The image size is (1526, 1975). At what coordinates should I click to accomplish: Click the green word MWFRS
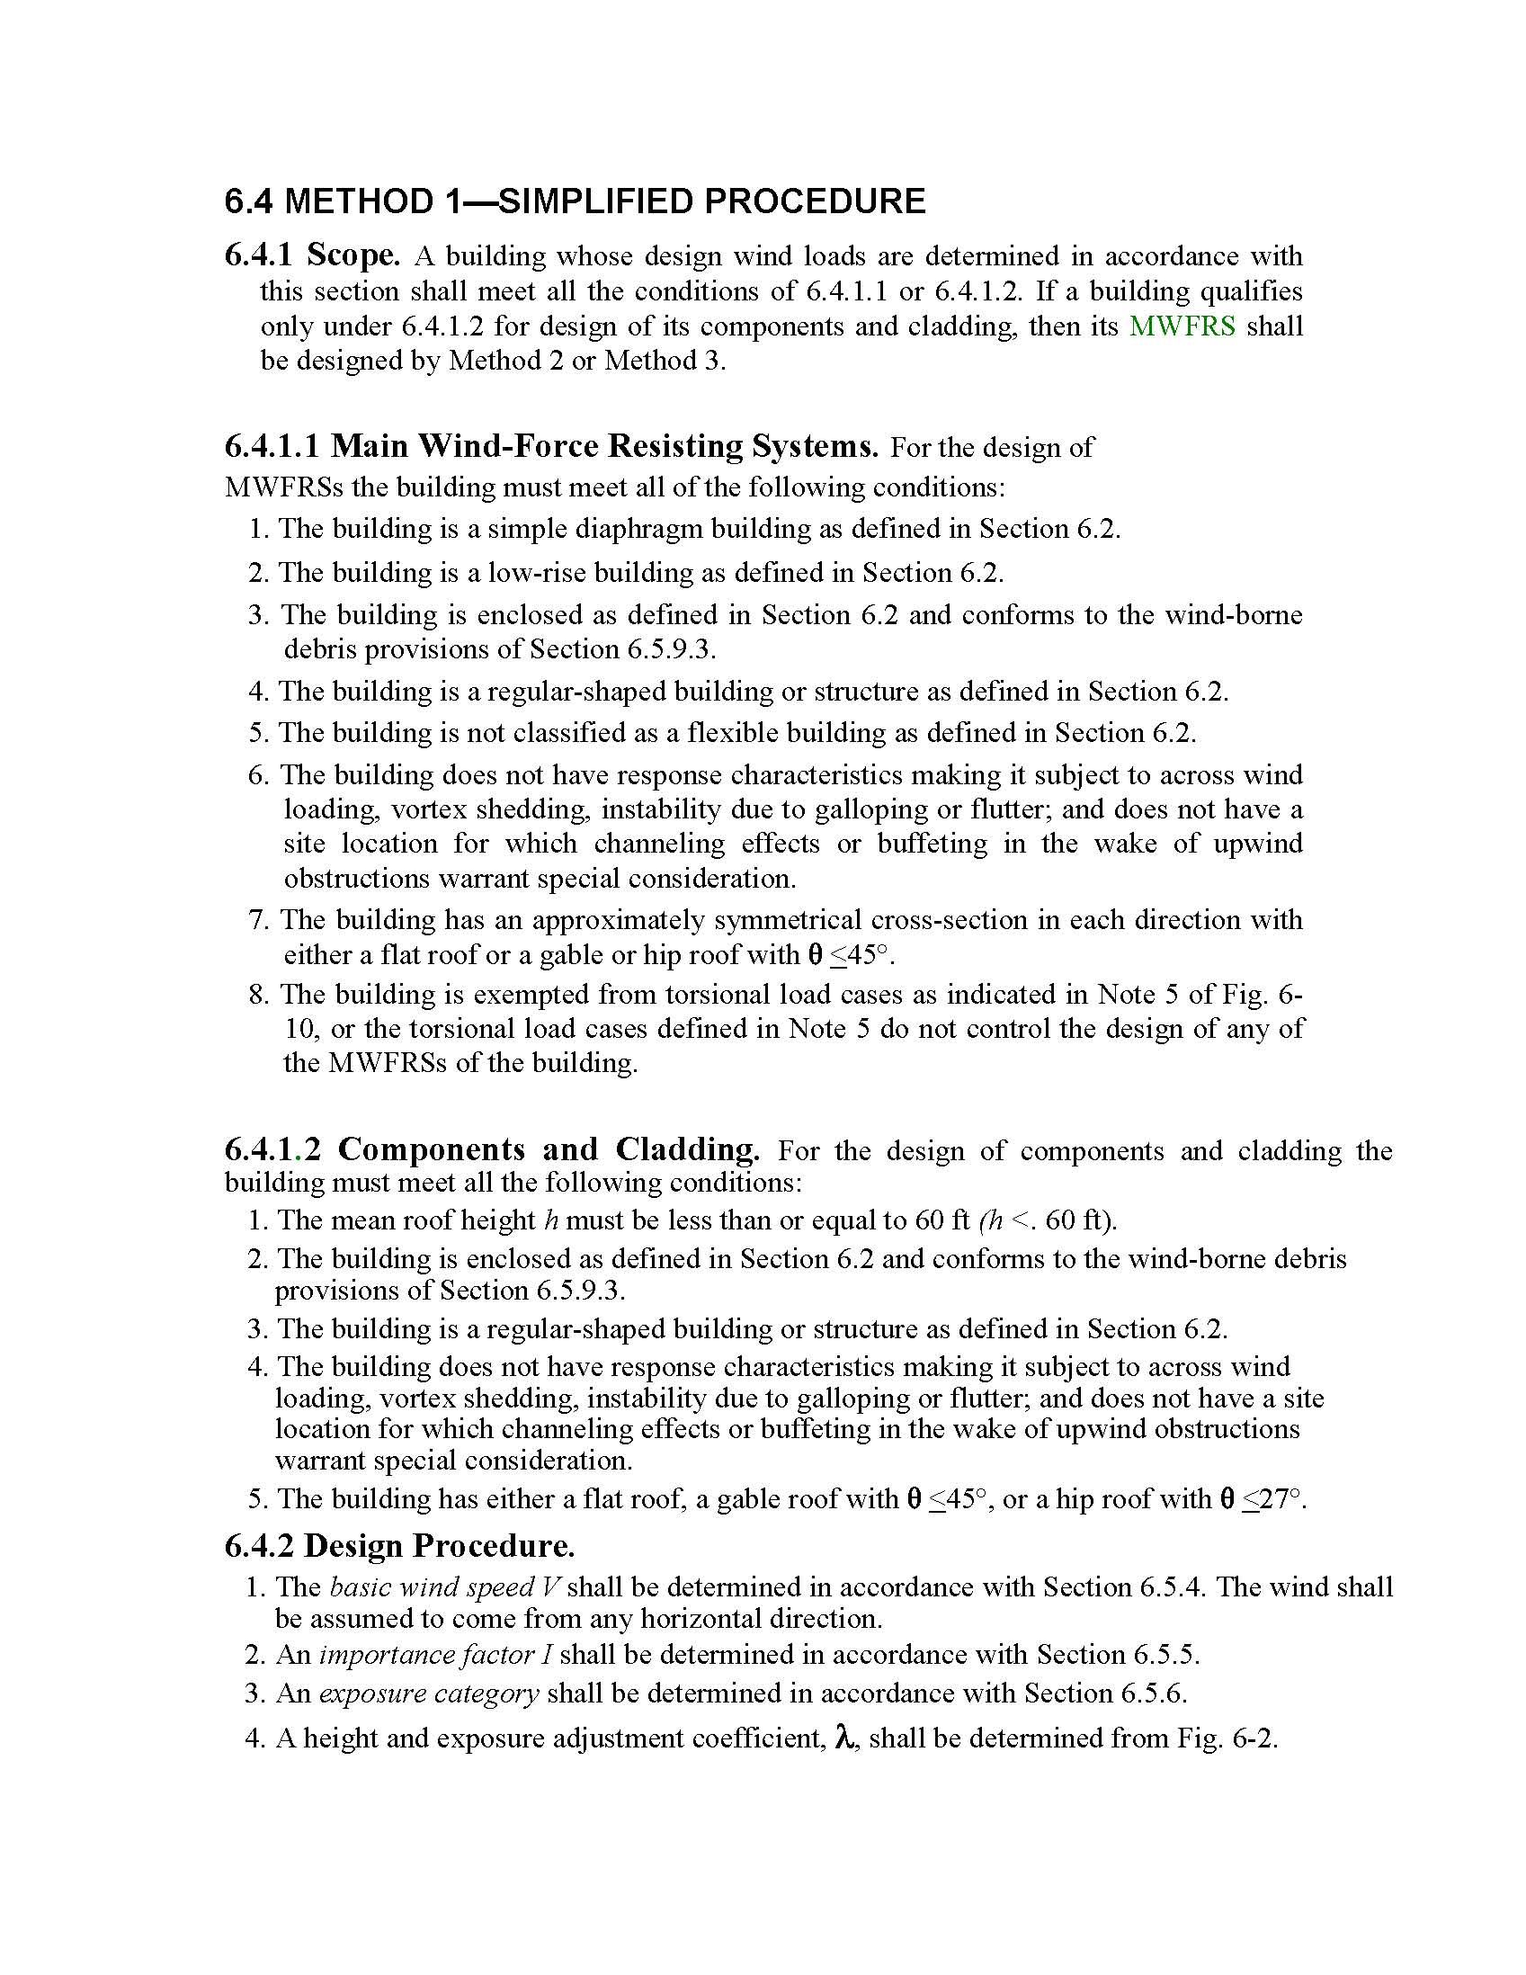(x=1182, y=326)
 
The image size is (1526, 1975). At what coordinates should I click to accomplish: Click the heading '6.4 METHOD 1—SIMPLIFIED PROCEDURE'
(x=575, y=201)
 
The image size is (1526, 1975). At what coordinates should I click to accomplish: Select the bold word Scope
(x=352, y=256)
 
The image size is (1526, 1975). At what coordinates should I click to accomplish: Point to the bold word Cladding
(x=687, y=1149)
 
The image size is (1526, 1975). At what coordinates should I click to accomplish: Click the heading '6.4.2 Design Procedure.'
(x=398, y=1545)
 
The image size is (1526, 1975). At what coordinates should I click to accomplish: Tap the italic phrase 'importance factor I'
(x=436, y=1654)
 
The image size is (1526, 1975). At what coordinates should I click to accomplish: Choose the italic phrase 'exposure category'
(x=430, y=1693)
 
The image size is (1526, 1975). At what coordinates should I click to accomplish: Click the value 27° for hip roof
(x=1281, y=1498)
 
